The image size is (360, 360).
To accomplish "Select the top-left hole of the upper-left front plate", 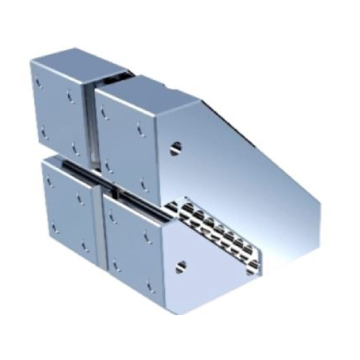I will (39, 83).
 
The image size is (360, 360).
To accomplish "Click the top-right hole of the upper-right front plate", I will (141, 128).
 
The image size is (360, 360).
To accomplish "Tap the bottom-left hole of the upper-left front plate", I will (44, 133).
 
